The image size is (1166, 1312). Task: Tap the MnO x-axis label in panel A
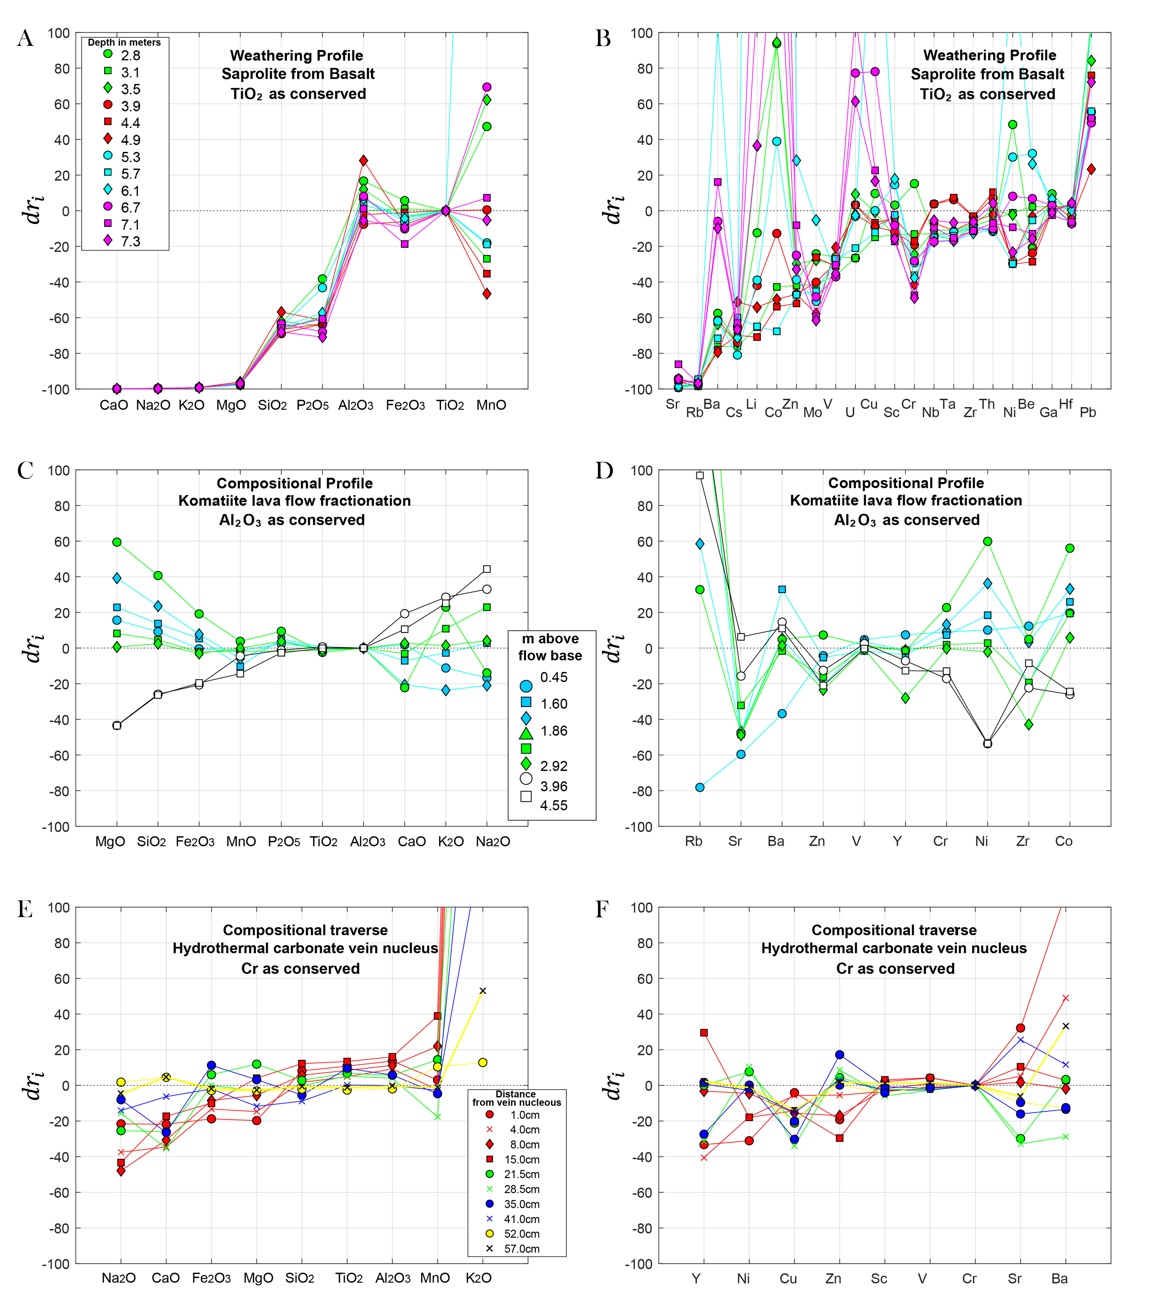pos(491,405)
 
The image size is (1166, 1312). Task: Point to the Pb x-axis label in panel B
pos(1088,412)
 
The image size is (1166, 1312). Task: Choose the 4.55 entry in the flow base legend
pos(553,805)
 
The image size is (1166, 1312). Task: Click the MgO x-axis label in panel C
pos(110,842)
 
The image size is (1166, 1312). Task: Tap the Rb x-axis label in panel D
pos(694,842)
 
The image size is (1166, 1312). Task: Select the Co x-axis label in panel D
pos(1063,842)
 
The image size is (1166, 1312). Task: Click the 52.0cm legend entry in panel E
pos(521,1234)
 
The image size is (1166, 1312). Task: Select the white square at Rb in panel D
pos(700,476)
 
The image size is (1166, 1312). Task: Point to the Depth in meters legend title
pos(124,42)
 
